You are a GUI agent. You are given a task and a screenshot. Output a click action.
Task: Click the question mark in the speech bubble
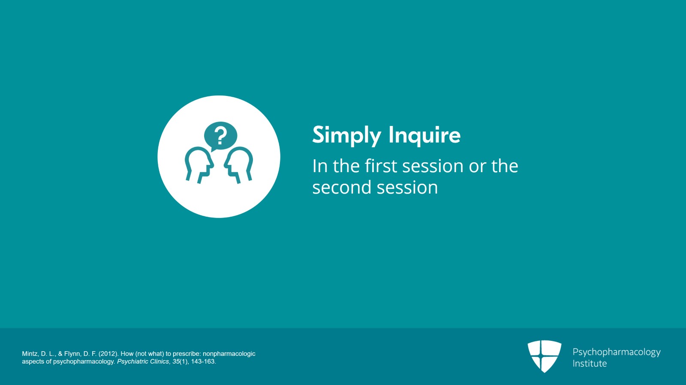click(220, 136)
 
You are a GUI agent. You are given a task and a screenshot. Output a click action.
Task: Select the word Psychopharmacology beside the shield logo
click(617, 352)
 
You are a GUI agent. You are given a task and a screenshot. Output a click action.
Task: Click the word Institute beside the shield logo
click(590, 363)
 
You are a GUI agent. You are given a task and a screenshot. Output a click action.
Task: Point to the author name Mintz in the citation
click(30, 354)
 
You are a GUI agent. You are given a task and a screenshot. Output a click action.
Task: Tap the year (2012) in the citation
click(108, 354)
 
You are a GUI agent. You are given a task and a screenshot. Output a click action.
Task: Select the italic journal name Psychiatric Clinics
click(143, 361)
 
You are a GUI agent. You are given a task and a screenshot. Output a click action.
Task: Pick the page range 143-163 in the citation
click(203, 361)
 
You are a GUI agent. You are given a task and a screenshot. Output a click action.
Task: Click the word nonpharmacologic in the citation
click(229, 354)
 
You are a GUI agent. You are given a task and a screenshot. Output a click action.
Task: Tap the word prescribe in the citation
click(187, 354)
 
